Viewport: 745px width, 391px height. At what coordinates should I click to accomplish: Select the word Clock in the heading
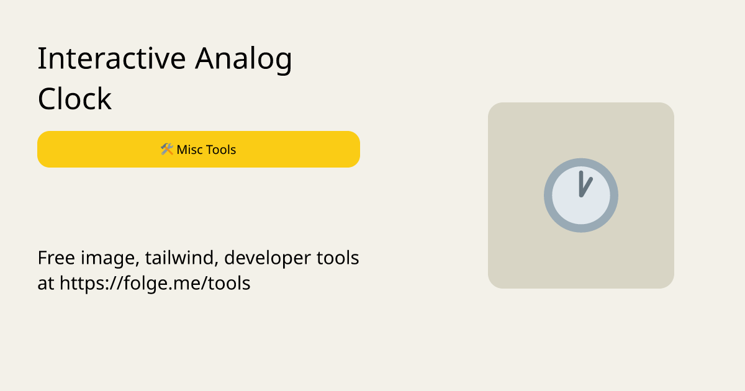pyautogui.click(x=74, y=99)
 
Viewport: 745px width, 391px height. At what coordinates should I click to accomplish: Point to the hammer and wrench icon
pyautogui.click(x=166, y=150)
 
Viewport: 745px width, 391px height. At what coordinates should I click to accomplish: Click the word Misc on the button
pyautogui.click(x=189, y=150)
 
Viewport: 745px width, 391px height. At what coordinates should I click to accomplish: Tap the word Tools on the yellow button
pyautogui.click(x=221, y=150)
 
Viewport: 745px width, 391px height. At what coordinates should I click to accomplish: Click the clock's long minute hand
pyautogui.click(x=581, y=182)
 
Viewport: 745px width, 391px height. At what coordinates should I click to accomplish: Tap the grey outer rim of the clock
pyautogui.click(x=548, y=195)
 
